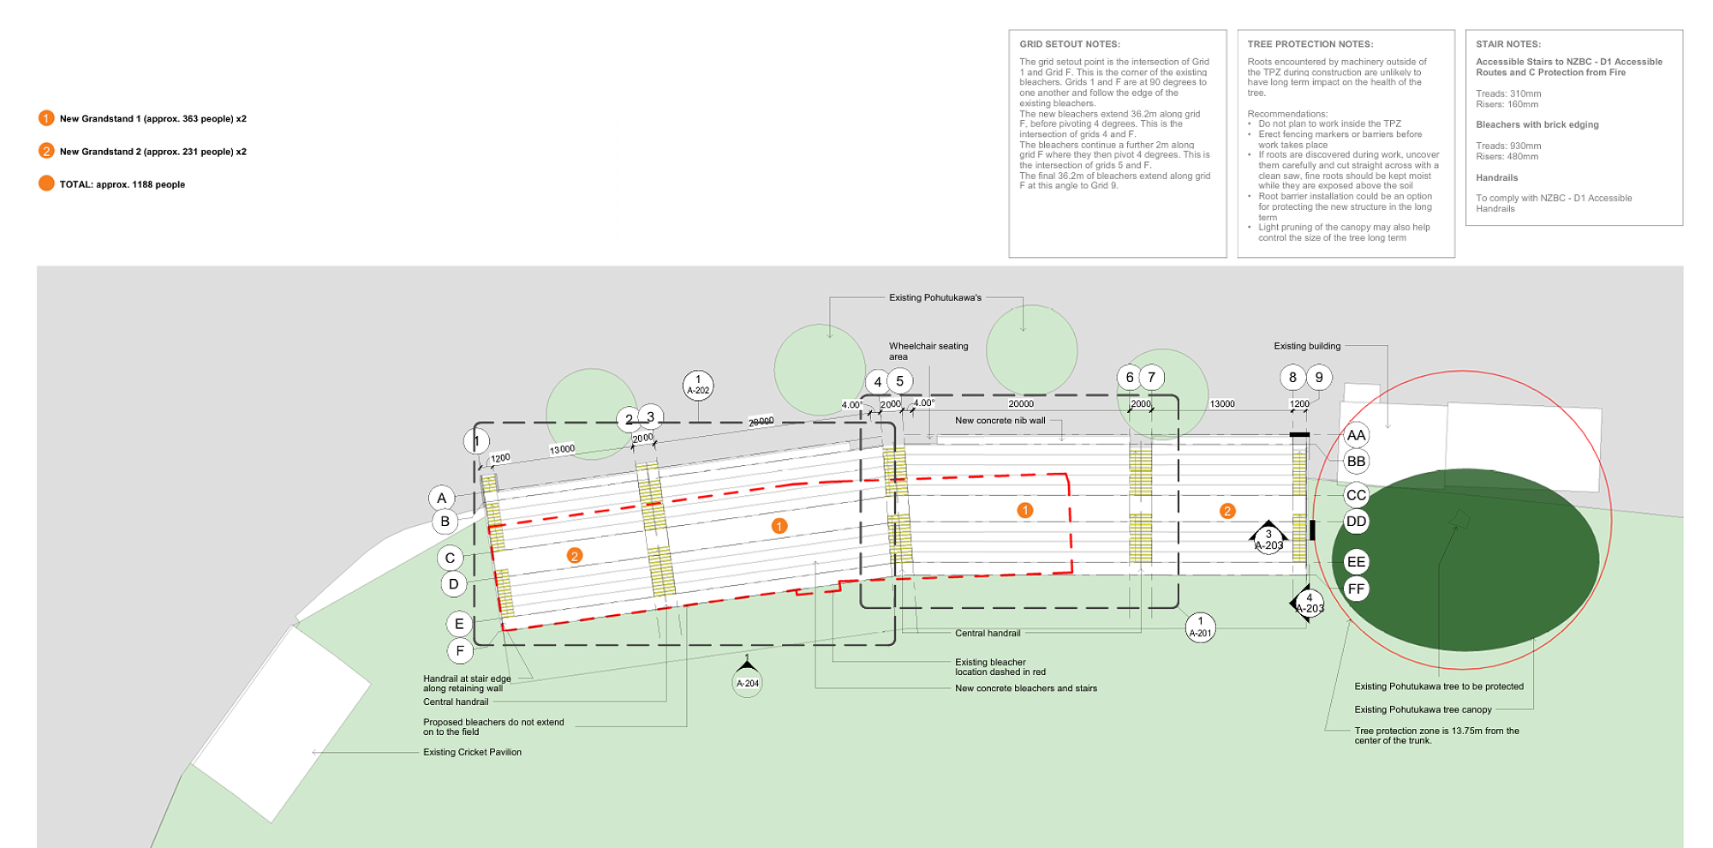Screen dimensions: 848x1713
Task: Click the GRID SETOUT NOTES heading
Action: tap(1069, 44)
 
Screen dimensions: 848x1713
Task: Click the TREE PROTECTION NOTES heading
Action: tap(1310, 44)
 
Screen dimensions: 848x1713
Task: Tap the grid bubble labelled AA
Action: tap(1356, 435)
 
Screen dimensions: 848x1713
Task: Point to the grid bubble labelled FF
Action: tap(1356, 588)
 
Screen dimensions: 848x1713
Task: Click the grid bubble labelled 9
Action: tap(1319, 377)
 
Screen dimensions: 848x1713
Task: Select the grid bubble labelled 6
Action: tap(1130, 377)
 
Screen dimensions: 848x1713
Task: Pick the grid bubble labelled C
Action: tap(450, 558)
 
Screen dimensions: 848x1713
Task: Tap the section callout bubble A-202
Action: tap(698, 385)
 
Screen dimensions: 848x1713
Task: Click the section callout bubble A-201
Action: tap(1200, 627)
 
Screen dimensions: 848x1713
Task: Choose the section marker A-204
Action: tap(748, 681)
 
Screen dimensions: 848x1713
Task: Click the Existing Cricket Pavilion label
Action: tap(472, 752)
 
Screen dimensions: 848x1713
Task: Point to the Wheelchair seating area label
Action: tap(928, 351)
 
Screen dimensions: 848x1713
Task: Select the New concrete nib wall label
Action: tap(1000, 421)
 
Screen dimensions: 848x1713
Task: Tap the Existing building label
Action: tap(1306, 346)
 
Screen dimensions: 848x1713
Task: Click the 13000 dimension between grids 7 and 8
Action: tap(1221, 403)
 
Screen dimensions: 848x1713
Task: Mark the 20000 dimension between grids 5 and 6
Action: tap(1020, 403)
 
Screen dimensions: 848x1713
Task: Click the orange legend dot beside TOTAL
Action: tap(46, 183)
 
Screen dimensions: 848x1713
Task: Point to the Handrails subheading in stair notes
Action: tap(1496, 177)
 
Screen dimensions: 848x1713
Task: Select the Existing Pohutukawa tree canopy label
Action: tap(1423, 709)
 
